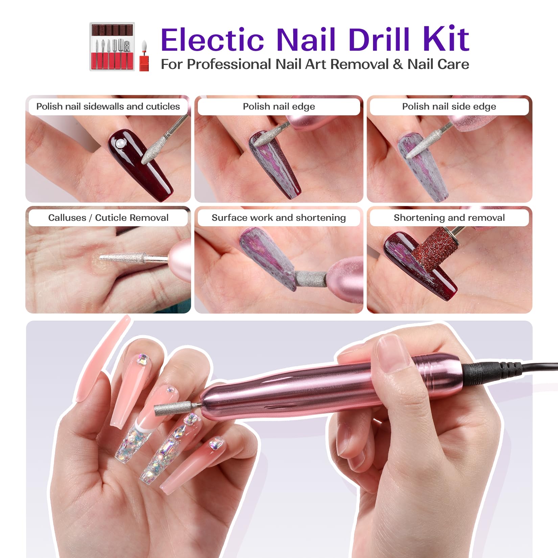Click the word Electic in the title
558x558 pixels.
[212, 40]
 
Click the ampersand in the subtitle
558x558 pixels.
[398, 64]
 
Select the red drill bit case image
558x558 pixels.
[112, 47]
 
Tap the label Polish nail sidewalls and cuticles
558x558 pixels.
[108, 107]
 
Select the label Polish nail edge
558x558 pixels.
[279, 107]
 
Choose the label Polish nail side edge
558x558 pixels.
[449, 107]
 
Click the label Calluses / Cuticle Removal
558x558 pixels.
[108, 218]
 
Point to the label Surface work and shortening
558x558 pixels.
[279, 218]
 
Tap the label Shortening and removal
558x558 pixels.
[449, 218]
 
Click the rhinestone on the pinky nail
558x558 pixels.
[215, 443]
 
